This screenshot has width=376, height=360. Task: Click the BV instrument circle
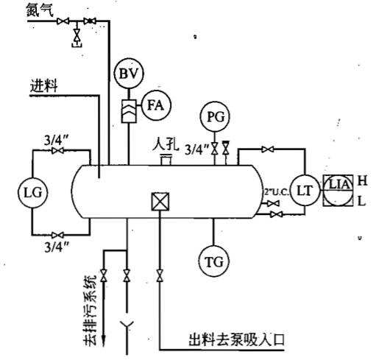point(130,74)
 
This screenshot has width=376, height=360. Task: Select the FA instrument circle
point(155,105)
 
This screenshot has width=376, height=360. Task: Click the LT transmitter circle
point(302,190)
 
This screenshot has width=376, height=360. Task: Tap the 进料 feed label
point(45,86)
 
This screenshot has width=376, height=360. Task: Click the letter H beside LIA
point(361,180)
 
